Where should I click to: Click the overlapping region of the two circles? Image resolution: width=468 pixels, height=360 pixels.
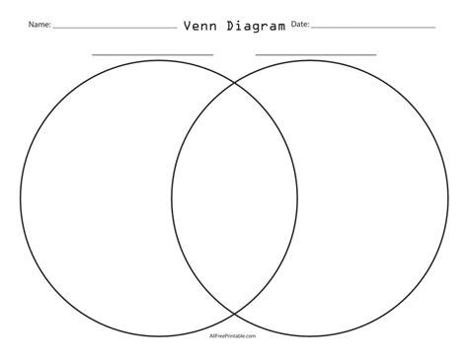(234, 196)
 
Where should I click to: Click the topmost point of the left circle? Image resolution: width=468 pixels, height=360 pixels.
(158, 59)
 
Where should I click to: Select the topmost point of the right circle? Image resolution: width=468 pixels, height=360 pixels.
(310, 59)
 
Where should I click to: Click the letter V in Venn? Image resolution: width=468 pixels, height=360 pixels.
(188, 26)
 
